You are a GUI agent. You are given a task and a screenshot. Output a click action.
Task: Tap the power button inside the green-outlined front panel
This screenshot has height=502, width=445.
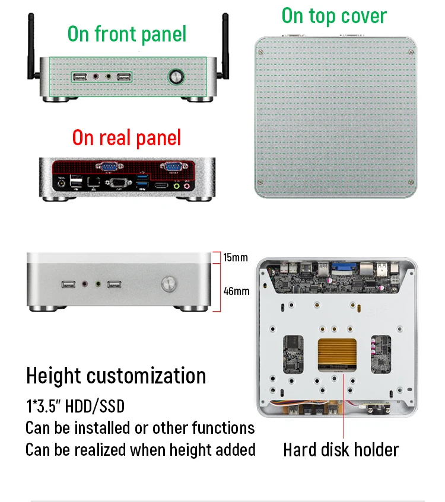(176, 77)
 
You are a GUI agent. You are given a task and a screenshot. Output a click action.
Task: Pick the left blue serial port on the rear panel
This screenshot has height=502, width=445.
(109, 166)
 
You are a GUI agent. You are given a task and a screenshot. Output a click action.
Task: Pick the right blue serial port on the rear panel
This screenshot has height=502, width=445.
(173, 166)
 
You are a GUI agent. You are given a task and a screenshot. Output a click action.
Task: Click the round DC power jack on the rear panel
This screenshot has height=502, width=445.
(61, 184)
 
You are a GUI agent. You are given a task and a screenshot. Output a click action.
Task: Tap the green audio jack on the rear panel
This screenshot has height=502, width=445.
(176, 186)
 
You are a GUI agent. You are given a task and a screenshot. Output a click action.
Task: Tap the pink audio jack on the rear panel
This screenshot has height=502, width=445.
(186, 186)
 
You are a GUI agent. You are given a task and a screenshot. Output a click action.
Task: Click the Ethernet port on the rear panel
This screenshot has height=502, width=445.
(93, 181)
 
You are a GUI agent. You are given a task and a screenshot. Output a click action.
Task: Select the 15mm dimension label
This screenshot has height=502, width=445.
(236, 257)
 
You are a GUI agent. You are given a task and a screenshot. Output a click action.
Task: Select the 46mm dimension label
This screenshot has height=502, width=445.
(237, 291)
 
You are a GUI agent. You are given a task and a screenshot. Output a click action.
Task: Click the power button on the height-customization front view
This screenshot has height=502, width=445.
(169, 284)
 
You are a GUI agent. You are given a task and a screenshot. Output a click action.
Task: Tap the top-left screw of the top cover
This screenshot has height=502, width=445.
(261, 52)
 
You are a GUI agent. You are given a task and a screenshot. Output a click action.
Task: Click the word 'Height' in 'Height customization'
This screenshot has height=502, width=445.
(53, 376)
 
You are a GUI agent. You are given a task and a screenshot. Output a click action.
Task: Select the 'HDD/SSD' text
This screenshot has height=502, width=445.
(95, 406)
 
